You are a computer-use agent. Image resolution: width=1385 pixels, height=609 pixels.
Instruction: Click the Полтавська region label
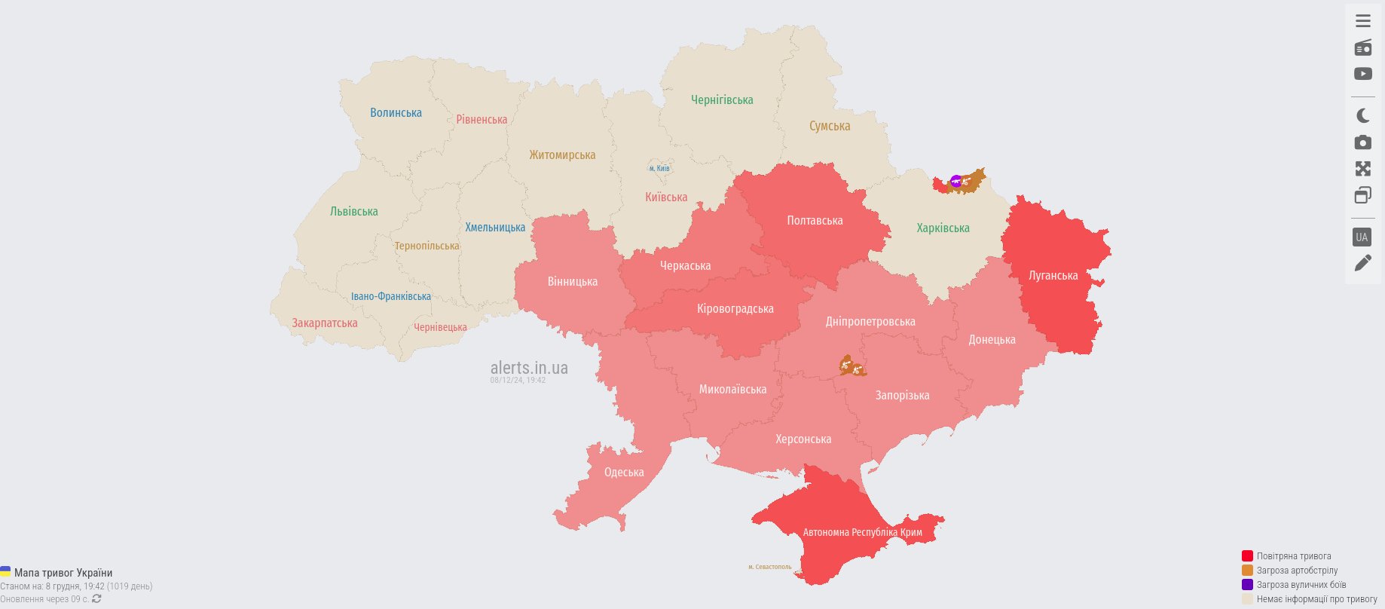(815, 221)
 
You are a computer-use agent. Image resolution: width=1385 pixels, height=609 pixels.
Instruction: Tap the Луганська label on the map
(1053, 276)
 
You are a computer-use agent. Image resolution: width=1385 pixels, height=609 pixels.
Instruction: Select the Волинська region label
(396, 113)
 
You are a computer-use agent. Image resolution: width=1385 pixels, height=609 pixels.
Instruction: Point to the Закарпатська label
(325, 323)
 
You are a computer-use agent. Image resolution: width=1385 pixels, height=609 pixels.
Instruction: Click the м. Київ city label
(659, 169)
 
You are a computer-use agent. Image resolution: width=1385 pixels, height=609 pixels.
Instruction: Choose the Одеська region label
(624, 473)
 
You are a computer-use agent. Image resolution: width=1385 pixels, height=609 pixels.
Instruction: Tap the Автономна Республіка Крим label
(862, 532)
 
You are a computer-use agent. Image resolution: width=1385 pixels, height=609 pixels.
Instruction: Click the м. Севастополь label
(769, 567)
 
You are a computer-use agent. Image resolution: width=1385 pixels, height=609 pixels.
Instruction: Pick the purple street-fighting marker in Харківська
(955, 181)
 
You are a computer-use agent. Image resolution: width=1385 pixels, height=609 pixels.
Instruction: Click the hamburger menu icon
(1362, 21)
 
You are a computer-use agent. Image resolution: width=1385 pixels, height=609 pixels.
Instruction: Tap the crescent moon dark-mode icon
(1362, 115)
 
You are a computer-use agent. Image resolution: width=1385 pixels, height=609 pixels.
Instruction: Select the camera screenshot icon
(1362, 142)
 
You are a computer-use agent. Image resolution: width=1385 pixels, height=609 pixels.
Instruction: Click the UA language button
(1362, 237)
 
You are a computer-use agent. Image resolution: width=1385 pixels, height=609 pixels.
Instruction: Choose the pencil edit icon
(1362, 263)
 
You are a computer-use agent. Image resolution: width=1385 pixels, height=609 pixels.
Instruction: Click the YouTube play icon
(1362, 74)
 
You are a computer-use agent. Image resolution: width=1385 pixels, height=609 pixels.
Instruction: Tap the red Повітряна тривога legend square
(1247, 556)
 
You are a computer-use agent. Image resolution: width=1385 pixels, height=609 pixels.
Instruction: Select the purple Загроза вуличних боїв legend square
(1247, 585)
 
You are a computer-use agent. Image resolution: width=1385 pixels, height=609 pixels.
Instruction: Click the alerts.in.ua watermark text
(529, 368)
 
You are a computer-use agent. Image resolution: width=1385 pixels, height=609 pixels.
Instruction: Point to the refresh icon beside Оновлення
(96, 599)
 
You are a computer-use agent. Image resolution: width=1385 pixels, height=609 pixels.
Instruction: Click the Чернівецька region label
(440, 327)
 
